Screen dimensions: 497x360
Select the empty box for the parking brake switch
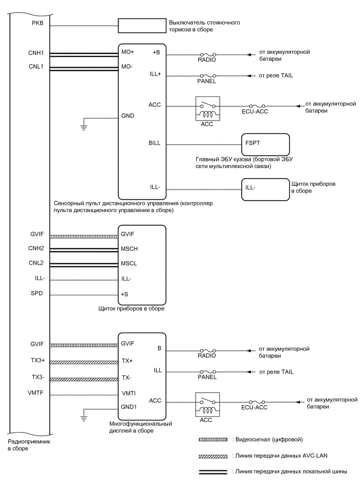click(140, 25)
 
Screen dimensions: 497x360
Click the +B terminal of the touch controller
click(156, 53)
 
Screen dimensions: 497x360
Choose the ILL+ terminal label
click(155, 75)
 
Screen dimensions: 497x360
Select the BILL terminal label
click(155, 142)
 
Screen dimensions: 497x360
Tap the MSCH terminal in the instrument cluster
click(130, 248)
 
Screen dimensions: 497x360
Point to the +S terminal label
click(125, 294)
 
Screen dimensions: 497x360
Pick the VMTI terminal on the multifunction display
click(128, 393)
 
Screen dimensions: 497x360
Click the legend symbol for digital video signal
click(212, 439)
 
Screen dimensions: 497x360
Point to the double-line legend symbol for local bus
click(212, 472)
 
